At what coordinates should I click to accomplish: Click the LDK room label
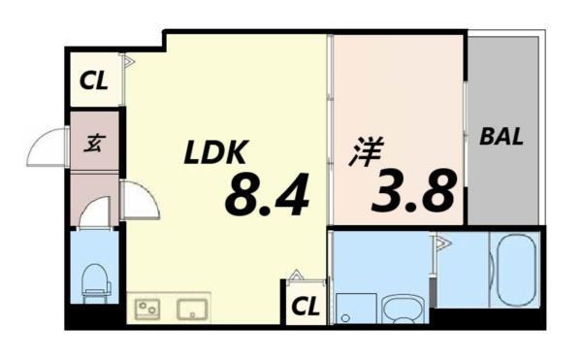click(215, 151)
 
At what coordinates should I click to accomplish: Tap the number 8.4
click(267, 194)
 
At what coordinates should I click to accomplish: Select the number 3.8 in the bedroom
click(413, 190)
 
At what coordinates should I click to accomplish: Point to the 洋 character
click(367, 151)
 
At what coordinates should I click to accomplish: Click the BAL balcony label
click(501, 136)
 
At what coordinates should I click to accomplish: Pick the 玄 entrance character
click(95, 143)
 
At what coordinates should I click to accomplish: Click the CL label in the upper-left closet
click(94, 81)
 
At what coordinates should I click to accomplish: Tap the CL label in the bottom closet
click(306, 307)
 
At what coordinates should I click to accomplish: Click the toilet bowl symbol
click(96, 283)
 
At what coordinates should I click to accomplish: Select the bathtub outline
click(516, 270)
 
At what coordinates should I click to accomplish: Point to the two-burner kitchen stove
click(147, 309)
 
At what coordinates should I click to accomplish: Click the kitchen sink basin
click(192, 309)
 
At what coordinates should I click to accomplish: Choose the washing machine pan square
click(356, 308)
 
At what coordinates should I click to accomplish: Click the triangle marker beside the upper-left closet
click(129, 61)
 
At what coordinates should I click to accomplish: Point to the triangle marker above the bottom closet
click(296, 275)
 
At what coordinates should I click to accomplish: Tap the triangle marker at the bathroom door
click(443, 244)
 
